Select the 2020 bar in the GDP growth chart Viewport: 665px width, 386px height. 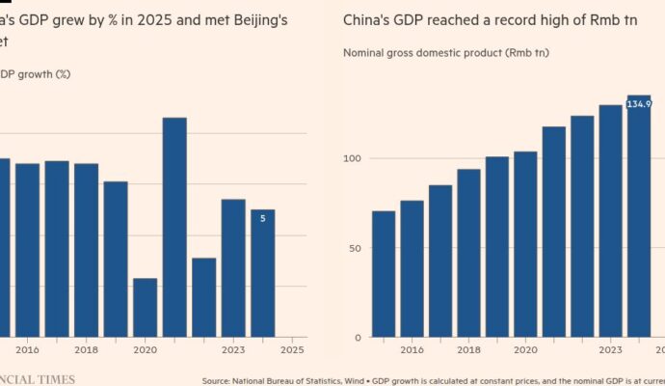click(x=145, y=307)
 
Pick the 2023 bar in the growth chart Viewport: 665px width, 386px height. click(x=233, y=267)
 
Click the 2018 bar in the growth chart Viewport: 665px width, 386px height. click(x=86, y=249)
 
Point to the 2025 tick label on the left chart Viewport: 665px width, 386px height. click(x=292, y=350)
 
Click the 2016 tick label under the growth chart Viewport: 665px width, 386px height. click(x=27, y=350)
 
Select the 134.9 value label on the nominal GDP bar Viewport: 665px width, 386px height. click(x=639, y=103)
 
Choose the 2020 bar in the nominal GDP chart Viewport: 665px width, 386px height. click(x=525, y=244)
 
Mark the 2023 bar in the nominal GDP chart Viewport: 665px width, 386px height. click(x=611, y=221)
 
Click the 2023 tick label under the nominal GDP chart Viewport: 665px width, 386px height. click(x=610, y=350)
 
